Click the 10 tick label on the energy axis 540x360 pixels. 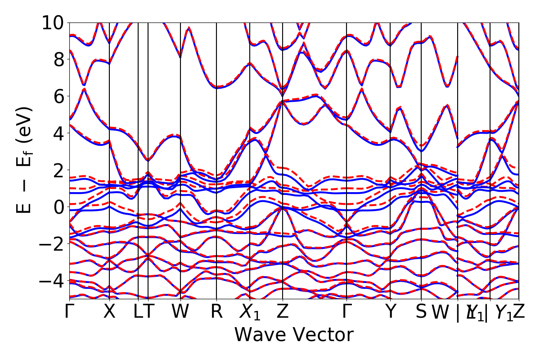(53, 22)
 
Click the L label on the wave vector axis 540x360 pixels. (138, 312)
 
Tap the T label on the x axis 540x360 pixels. (148, 312)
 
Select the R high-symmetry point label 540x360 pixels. (217, 312)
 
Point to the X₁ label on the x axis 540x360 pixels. (250, 313)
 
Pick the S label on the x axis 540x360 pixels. (421, 312)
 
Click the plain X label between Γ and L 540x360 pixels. (109, 312)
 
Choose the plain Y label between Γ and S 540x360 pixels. (391, 312)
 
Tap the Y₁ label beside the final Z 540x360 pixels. (504, 313)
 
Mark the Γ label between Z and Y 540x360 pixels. (346, 312)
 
